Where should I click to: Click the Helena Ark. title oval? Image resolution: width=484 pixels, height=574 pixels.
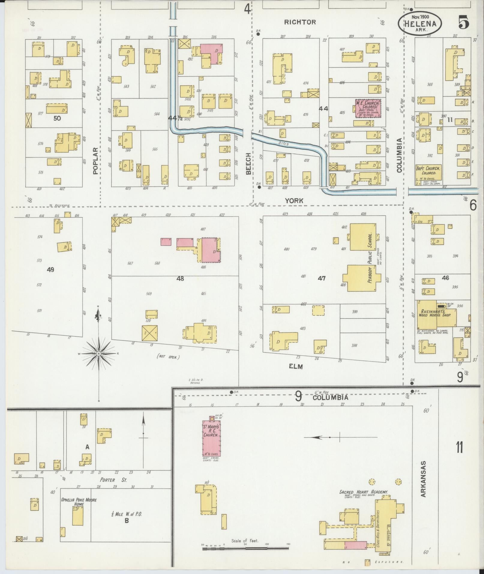420,23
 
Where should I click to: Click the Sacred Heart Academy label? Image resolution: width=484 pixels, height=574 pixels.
363,492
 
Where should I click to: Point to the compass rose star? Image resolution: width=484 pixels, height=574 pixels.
98,354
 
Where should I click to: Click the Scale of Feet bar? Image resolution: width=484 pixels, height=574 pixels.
245,548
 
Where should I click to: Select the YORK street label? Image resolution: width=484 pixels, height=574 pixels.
294,201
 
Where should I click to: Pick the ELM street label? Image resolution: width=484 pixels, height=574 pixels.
296,366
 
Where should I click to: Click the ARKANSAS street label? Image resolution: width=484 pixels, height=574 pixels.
423,483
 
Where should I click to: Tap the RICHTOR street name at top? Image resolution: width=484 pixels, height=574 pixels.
300,22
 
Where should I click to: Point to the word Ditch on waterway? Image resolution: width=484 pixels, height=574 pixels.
284,143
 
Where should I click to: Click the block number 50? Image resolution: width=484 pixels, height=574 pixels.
57,118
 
